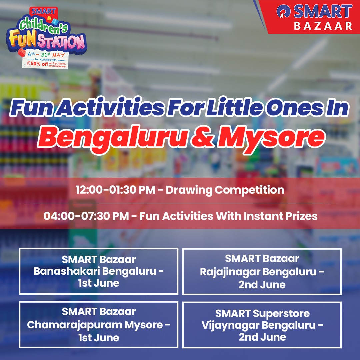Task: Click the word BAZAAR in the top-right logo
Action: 323,26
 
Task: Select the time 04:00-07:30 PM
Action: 86,216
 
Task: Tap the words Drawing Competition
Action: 225,190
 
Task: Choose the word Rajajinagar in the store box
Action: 230,272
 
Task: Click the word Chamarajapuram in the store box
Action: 75,325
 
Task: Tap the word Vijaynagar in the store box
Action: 230,325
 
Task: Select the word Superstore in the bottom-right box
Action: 281,313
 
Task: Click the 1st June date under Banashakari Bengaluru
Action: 99,283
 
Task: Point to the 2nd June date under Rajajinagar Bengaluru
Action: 262,285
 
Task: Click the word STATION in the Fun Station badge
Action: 66,42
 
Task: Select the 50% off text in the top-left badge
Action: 39,64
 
